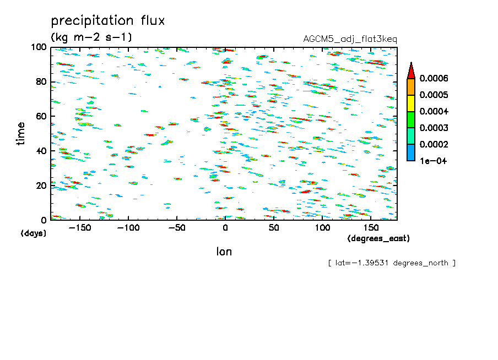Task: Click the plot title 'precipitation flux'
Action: click(108, 20)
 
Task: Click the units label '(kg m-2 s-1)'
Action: click(91, 37)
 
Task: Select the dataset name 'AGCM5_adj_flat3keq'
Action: click(350, 39)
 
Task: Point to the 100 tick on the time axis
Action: click(39, 47)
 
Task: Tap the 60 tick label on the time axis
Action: click(41, 116)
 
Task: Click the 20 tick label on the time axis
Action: click(41, 186)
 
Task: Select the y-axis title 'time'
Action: click(20, 134)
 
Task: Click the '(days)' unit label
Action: click(34, 233)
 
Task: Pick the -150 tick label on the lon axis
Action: click(80, 228)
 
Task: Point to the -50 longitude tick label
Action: click(177, 228)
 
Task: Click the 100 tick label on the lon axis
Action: click(322, 228)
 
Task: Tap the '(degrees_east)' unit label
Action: click(378, 238)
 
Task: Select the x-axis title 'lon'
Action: click(224, 252)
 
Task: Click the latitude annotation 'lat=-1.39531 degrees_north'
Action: click(392, 263)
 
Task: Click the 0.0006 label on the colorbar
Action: click(434, 78)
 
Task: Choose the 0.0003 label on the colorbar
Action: click(434, 128)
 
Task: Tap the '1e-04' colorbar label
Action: click(433, 161)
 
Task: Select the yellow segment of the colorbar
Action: click(411, 103)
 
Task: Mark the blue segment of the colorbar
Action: click(411, 152)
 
